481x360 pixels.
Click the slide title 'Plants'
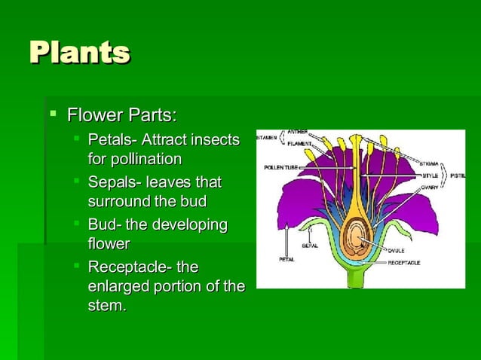[x=79, y=53]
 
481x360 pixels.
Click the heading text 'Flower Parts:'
[x=121, y=116]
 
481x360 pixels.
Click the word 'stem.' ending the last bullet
[x=107, y=306]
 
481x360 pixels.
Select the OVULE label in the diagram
[x=397, y=249]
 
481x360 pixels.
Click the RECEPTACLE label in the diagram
[x=404, y=263]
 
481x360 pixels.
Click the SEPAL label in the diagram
[x=309, y=246]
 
